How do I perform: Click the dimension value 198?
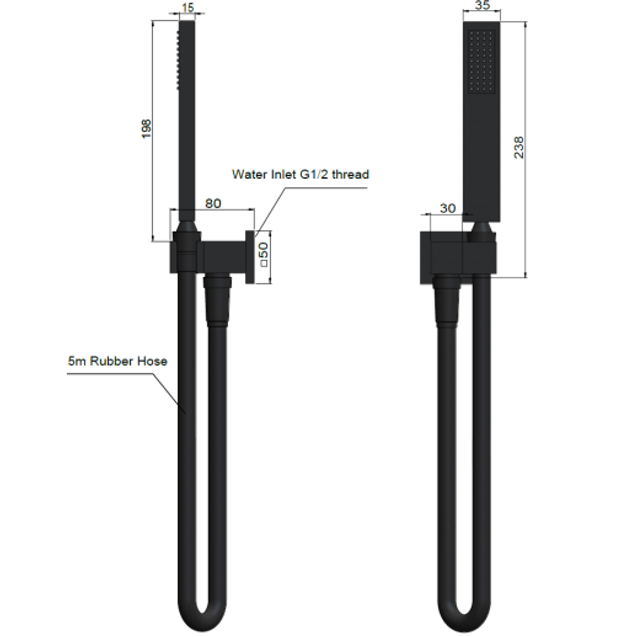pyautogui.click(x=147, y=129)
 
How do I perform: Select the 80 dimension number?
pyautogui.click(x=213, y=203)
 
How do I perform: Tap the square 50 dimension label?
pyautogui.click(x=264, y=253)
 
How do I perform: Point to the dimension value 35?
pyautogui.click(x=482, y=5)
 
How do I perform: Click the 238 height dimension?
pyautogui.click(x=518, y=147)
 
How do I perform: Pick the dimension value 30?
pyautogui.click(x=448, y=208)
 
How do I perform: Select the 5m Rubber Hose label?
pyautogui.click(x=117, y=362)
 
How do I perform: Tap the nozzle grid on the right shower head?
pyautogui.click(x=481, y=61)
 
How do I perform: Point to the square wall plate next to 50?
pyautogui.click(x=250, y=257)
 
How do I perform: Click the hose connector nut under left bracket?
pyautogui.click(x=216, y=301)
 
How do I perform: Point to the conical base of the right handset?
pyautogui.click(x=482, y=231)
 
